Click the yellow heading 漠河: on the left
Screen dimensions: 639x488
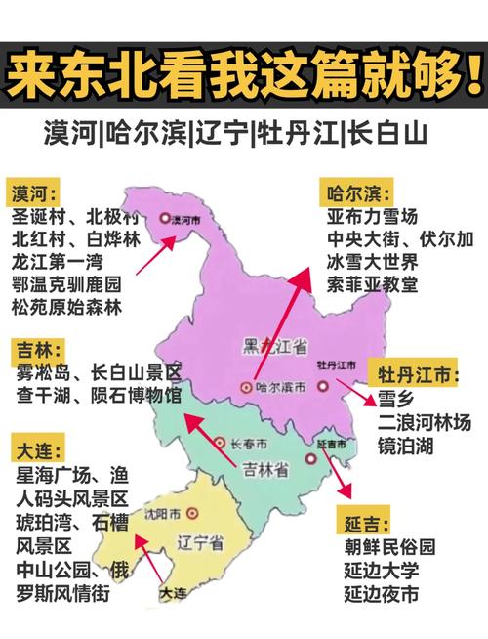click(34, 191)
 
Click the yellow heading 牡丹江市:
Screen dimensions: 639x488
click(417, 374)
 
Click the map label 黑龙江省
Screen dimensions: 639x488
click(274, 345)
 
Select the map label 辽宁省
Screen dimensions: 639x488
click(202, 540)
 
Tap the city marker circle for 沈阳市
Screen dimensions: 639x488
click(192, 511)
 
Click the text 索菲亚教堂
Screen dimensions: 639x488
click(372, 284)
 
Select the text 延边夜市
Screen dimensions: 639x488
click(382, 593)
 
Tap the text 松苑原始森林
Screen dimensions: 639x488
click(66, 307)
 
